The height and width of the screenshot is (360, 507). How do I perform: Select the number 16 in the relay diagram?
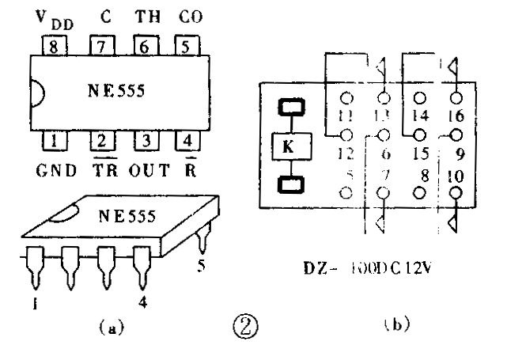456,117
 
